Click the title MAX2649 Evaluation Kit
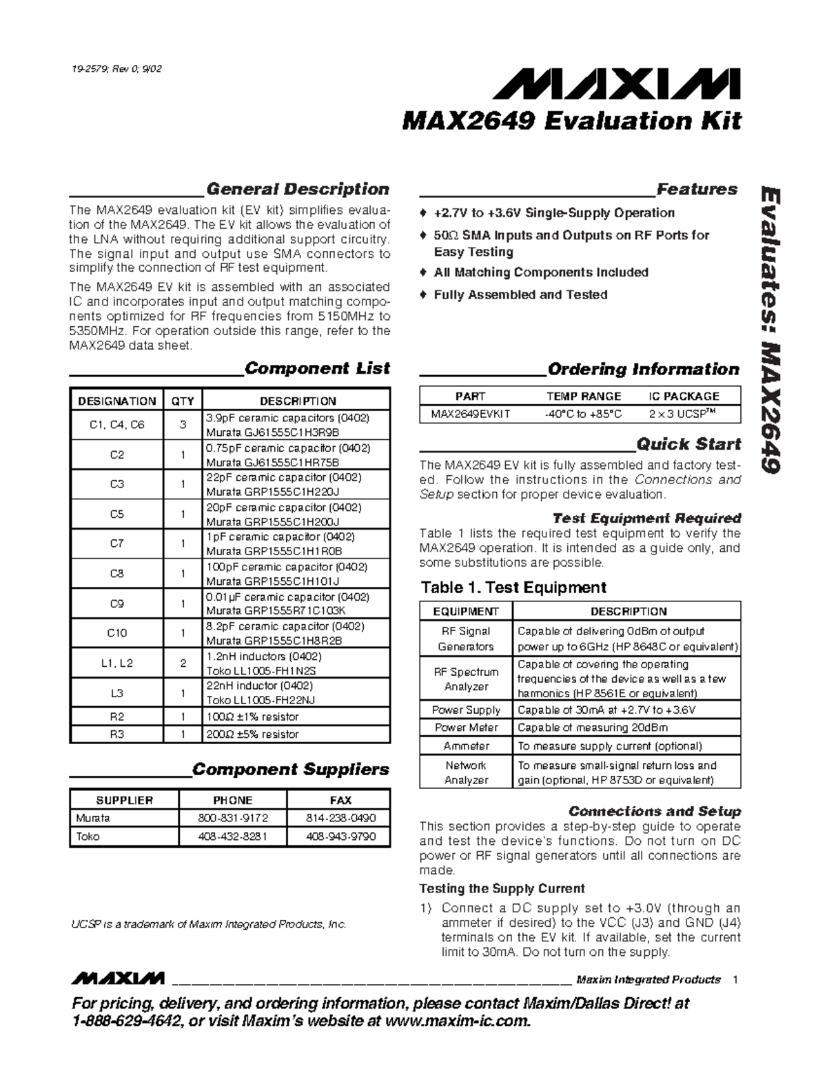pyautogui.click(x=571, y=121)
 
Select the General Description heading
pyautogui.click(x=298, y=189)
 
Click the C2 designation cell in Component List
pyautogui.click(x=116, y=455)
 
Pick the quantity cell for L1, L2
pyautogui.click(x=183, y=663)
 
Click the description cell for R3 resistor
pyautogui.click(x=296, y=734)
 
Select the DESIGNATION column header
pyautogui.click(x=116, y=401)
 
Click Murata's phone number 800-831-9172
pyautogui.click(x=232, y=819)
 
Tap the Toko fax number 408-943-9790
pyautogui.click(x=340, y=837)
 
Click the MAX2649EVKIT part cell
pyautogui.click(x=471, y=414)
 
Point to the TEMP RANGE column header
pyautogui.click(x=583, y=397)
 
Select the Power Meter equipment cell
pyautogui.click(x=466, y=728)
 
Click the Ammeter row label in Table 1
pyautogui.click(x=466, y=746)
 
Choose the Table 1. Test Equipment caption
pyautogui.click(x=513, y=588)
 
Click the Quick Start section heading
pyautogui.click(x=688, y=444)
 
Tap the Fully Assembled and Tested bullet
pyautogui.click(x=520, y=295)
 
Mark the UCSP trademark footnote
pyautogui.click(x=207, y=924)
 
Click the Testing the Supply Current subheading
pyautogui.click(x=502, y=889)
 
